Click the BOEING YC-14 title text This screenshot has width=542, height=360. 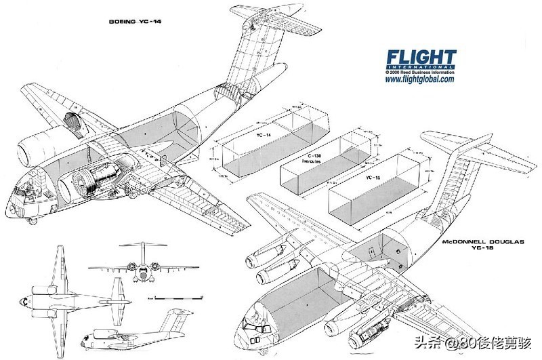click(140, 21)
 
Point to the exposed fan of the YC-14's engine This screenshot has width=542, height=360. click(77, 187)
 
